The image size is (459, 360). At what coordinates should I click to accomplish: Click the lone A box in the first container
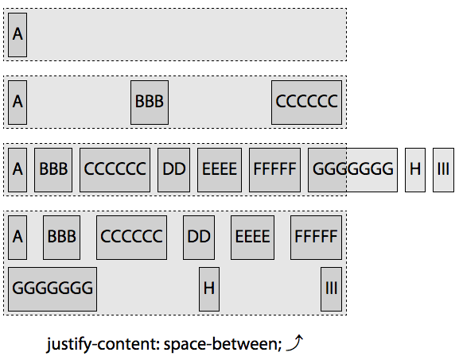coord(18,34)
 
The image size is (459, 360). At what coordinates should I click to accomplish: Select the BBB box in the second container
coord(149,102)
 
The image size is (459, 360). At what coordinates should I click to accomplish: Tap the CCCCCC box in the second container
coord(306,102)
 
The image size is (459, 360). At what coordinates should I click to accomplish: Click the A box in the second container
coord(18,102)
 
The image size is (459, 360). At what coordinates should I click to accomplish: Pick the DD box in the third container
coord(173,169)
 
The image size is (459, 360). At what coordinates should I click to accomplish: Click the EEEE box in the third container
coord(220,169)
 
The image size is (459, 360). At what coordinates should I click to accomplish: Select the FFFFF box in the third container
coord(274,169)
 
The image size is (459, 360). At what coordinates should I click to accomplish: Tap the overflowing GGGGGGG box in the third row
coord(352,169)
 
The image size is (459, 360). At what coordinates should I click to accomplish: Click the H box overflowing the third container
coord(414,169)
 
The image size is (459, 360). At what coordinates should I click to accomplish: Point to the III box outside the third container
coord(443,169)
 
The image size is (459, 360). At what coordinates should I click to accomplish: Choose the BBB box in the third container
coord(53,169)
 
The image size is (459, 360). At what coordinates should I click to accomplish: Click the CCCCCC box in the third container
coord(115,169)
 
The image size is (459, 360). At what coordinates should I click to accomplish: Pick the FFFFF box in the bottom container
coord(316,237)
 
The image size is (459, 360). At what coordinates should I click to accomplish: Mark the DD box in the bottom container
coord(200,237)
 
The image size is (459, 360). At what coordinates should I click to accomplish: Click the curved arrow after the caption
coord(295,343)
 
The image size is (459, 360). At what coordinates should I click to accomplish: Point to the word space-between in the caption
coord(228,345)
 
